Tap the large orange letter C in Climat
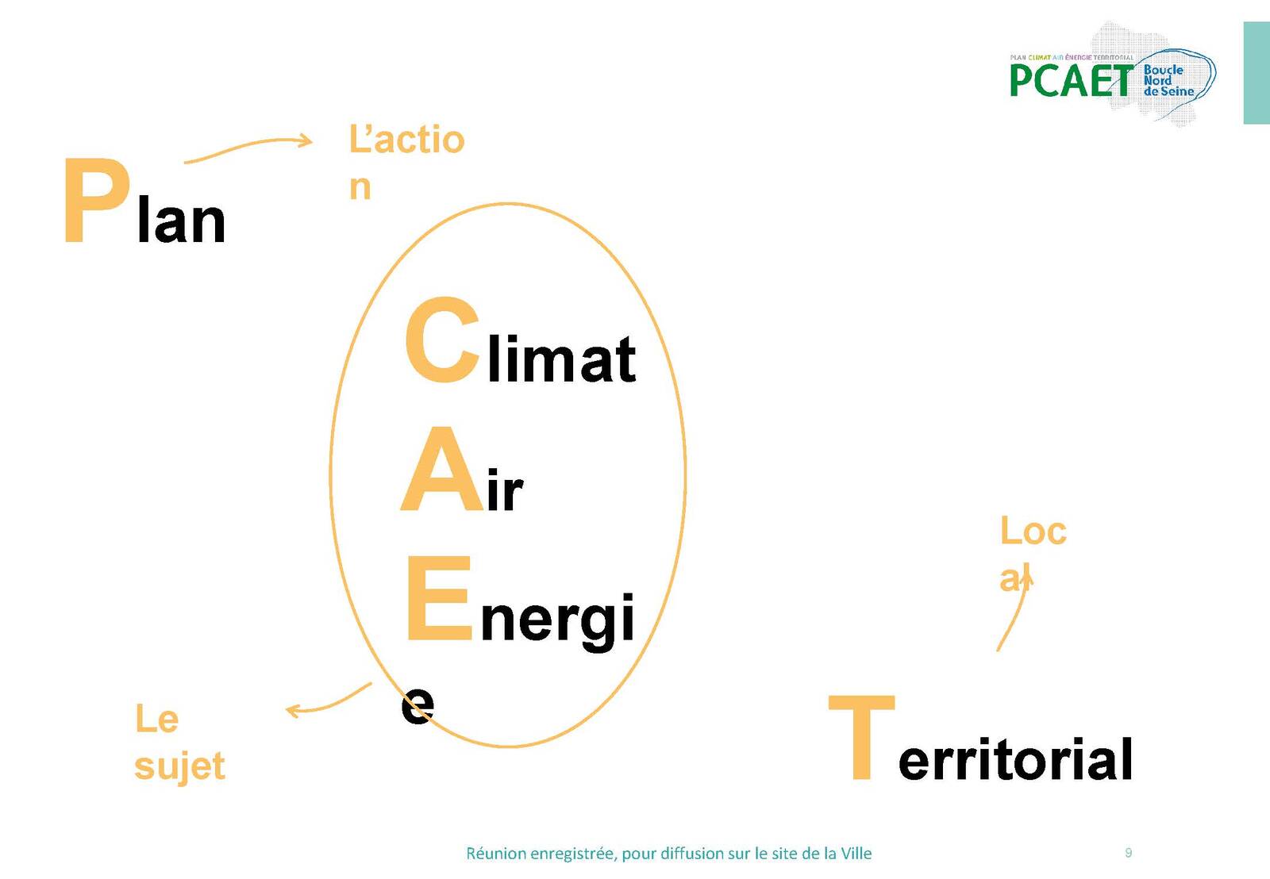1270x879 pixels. [x=443, y=340]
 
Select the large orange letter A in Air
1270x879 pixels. [x=443, y=470]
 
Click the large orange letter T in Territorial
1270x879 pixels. [x=862, y=737]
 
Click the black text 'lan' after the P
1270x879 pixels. [x=181, y=219]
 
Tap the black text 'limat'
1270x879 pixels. [x=562, y=359]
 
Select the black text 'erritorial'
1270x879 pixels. [x=1015, y=759]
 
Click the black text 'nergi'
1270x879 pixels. [x=556, y=622]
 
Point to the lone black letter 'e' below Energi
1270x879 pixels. [x=418, y=705]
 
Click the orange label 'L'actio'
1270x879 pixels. [x=406, y=140]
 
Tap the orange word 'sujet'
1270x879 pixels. [x=179, y=767]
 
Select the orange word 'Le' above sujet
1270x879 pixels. [x=157, y=720]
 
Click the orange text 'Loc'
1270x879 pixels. [x=1033, y=531]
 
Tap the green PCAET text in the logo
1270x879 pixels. [x=1071, y=80]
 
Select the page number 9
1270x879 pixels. [x=1128, y=852]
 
